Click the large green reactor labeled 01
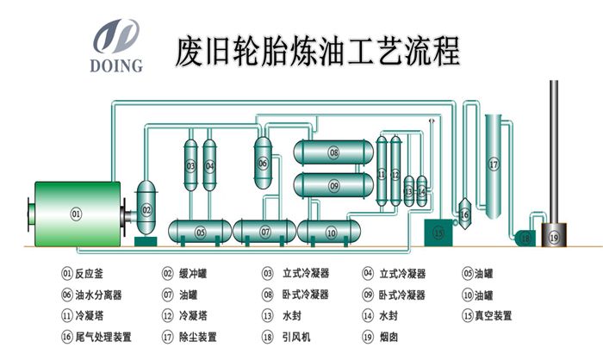point(75,213)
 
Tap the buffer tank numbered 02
point(146,209)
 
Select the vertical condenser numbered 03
point(190,164)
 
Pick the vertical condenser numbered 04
point(209,164)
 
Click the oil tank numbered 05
point(200,232)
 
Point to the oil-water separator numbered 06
point(263,161)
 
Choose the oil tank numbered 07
point(265,232)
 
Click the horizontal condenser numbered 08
point(333,154)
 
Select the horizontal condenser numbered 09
point(333,184)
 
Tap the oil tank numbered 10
point(331,232)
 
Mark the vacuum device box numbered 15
point(438,231)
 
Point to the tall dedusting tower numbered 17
point(494,163)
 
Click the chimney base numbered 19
point(553,236)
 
